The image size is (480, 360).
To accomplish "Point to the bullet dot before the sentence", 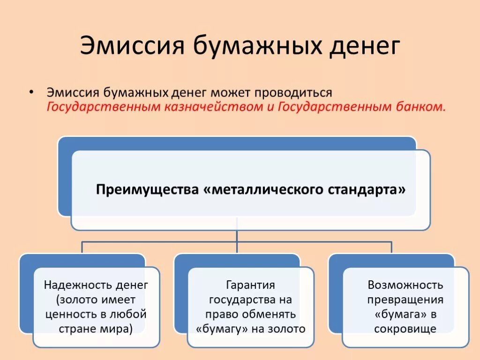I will (31, 91).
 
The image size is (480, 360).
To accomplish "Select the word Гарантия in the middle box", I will (250, 285).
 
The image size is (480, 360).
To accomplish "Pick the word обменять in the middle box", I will (272, 314).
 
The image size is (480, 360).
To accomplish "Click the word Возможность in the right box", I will (405, 285).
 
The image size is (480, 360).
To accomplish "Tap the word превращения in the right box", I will (405, 300).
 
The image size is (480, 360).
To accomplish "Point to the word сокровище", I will (405, 329).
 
